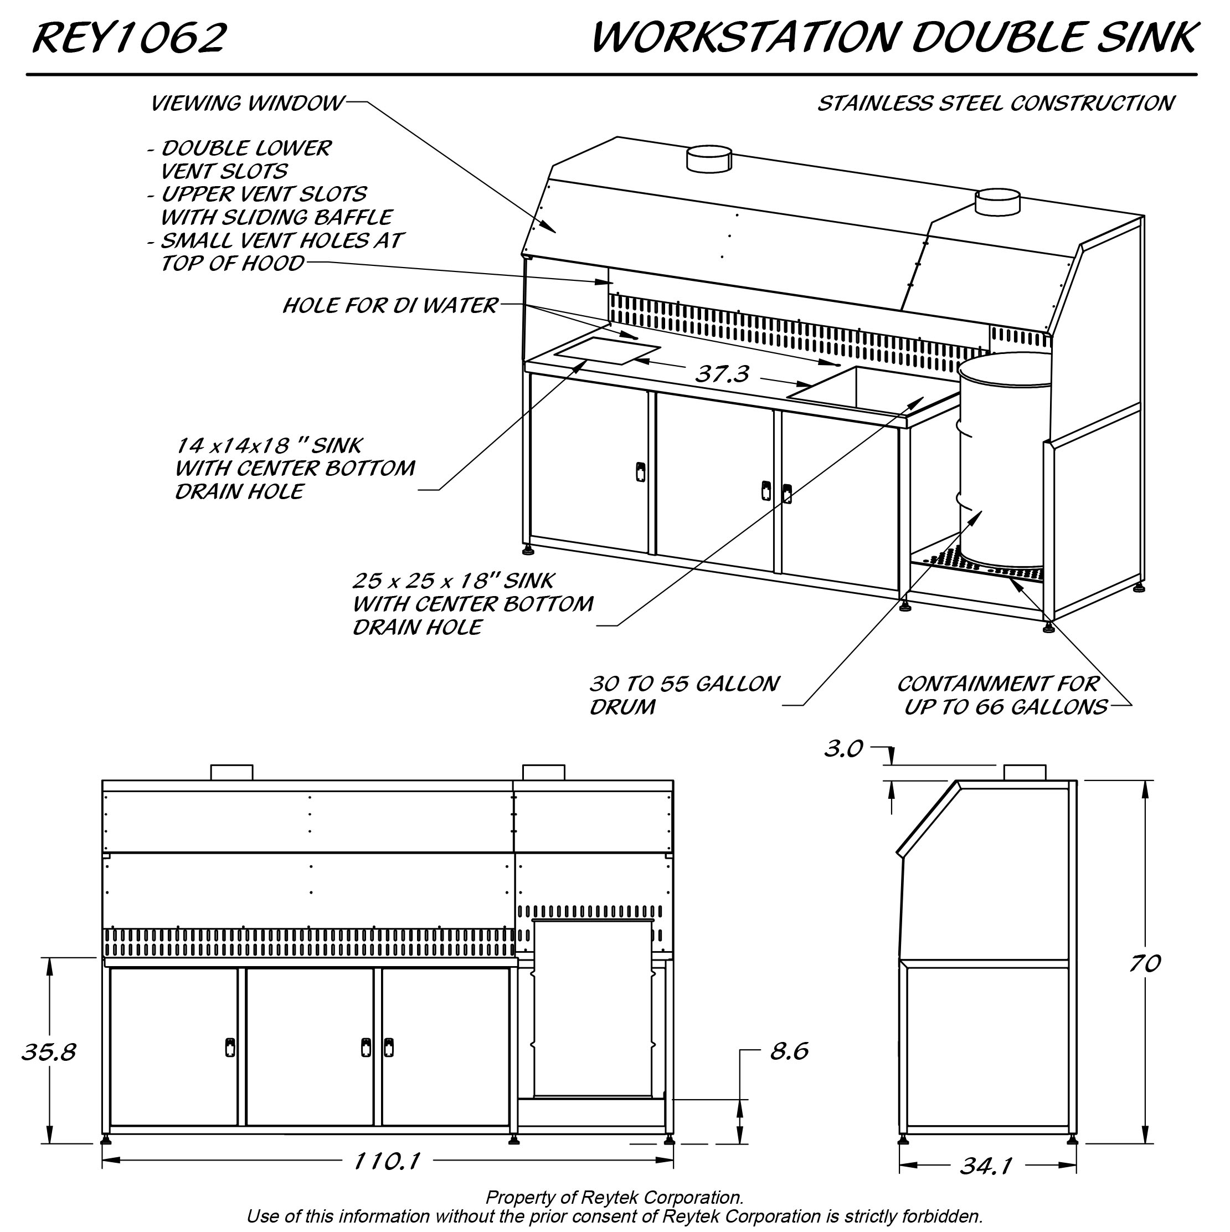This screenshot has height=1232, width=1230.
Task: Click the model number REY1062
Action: point(130,38)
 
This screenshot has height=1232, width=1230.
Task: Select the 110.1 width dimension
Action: point(387,1161)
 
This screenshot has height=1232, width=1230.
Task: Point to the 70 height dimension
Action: point(1145,963)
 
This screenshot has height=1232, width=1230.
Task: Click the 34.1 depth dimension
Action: point(986,1166)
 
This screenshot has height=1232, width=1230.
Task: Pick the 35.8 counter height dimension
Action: point(49,1051)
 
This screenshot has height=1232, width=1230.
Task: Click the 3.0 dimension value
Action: point(843,748)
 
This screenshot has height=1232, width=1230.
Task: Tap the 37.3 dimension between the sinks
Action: point(722,374)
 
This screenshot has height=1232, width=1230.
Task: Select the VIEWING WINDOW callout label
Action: point(248,103)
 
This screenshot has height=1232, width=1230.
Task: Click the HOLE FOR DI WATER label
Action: point(389,305)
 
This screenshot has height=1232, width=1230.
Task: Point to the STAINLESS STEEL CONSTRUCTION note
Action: point(996,103)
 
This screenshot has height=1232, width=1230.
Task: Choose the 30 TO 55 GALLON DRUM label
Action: point(684,695)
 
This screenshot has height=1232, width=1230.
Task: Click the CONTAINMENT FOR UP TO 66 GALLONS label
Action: point(1002,695)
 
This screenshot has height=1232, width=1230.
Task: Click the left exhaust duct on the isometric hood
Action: point(708,158)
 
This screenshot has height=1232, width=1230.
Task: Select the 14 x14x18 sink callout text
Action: point(295,468)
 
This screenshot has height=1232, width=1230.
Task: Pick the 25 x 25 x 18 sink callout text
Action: point(472,604)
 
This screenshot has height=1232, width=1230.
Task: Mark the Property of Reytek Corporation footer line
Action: point(615,1197)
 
